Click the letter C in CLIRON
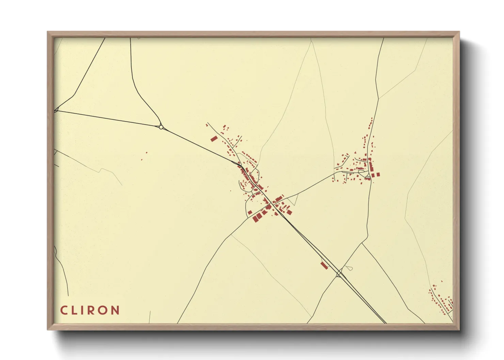[64, 310]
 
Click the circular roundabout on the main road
[161, 127]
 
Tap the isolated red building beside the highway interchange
[324, 265]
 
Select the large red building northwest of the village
[214, 138]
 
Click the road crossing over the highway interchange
[339, 273]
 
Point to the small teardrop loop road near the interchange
[349, 268]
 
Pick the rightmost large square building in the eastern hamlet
[378, 175]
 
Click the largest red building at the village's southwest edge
[255, 218]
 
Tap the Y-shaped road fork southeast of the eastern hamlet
[362, 243]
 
